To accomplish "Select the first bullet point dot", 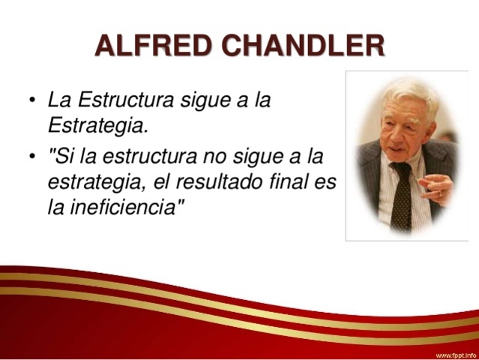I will click(x=31, y=100).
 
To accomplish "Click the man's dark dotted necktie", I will click(x=402, y=197).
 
